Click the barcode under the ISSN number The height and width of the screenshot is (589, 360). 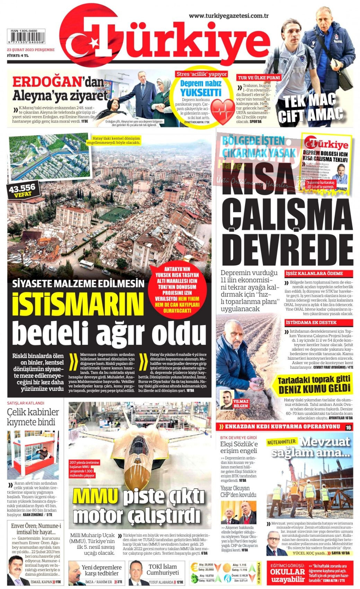click(x=26, y=37)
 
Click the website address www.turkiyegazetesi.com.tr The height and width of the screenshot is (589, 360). click(x=229, y=16)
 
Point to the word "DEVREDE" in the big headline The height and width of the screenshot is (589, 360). click(x=287, y=248)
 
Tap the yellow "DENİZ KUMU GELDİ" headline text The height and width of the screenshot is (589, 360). click(x=314, y=389)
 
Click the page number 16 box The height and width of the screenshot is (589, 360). click(x=348, y=427)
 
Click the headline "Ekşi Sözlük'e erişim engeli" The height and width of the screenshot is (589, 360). click(x=239, y=447)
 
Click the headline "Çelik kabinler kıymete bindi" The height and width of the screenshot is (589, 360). click(x=33, y=417)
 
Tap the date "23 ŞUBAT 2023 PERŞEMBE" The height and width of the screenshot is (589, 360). click(x=31, y=50)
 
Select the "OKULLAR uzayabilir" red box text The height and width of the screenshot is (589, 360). click(x=287, y=575)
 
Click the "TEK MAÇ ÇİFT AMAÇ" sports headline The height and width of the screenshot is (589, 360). click(x=310, y=108)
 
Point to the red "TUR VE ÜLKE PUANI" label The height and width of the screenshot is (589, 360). click(x=258, y=78)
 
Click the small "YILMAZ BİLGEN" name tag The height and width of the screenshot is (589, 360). click(x=241, y=403)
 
